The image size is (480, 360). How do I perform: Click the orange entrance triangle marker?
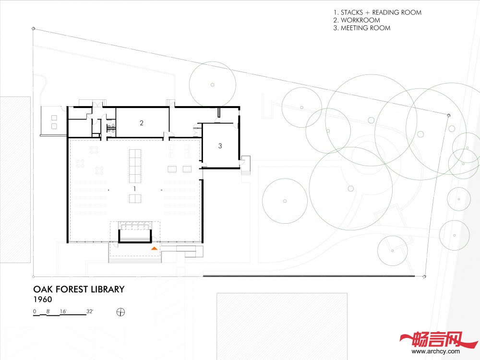(x=154, y=248)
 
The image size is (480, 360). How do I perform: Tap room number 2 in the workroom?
(x=142, y=123)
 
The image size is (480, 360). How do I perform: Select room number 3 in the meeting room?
(x=220, y=146)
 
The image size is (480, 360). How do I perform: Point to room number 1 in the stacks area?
(x=134, y=189)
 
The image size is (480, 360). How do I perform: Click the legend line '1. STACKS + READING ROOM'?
(x=377, y=12)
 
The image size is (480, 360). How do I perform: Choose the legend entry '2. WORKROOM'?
(x=357, y=20)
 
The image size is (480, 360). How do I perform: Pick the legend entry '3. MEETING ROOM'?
(x=362, y=28)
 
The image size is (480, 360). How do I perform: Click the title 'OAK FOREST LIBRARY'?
(x=79, y=289)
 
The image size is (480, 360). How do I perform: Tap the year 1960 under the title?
(x=43, y=300)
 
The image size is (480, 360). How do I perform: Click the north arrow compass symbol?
(x=121, y=312)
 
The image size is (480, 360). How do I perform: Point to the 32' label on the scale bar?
(x=90, y=312)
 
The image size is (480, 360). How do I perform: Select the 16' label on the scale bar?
(x=63, y=312)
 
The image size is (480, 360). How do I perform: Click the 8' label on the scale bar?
(x=48, y=312)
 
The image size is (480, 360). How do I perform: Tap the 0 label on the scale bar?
(x=35, y=312)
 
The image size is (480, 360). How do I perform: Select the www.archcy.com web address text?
(x=436, y=351)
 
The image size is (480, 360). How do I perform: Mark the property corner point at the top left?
(x=34, y=28)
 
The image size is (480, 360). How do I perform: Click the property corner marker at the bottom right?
(x=424, y=276)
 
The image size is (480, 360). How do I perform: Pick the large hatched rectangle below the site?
(x=282, y=326)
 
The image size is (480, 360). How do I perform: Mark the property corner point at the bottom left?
(x=34, y=276)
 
